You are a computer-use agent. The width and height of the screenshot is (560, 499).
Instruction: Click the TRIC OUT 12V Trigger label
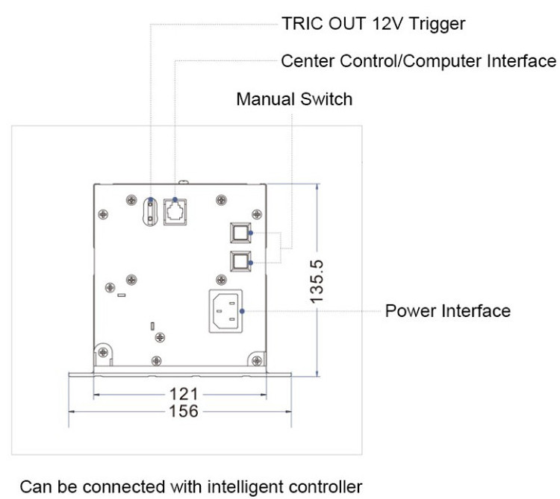pos(373,24)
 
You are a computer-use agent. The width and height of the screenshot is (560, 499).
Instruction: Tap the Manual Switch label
pos(294,98)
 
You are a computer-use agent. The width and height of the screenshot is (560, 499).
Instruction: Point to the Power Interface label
pos(448,310)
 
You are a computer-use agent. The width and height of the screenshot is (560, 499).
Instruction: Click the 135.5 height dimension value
pos(317,279)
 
